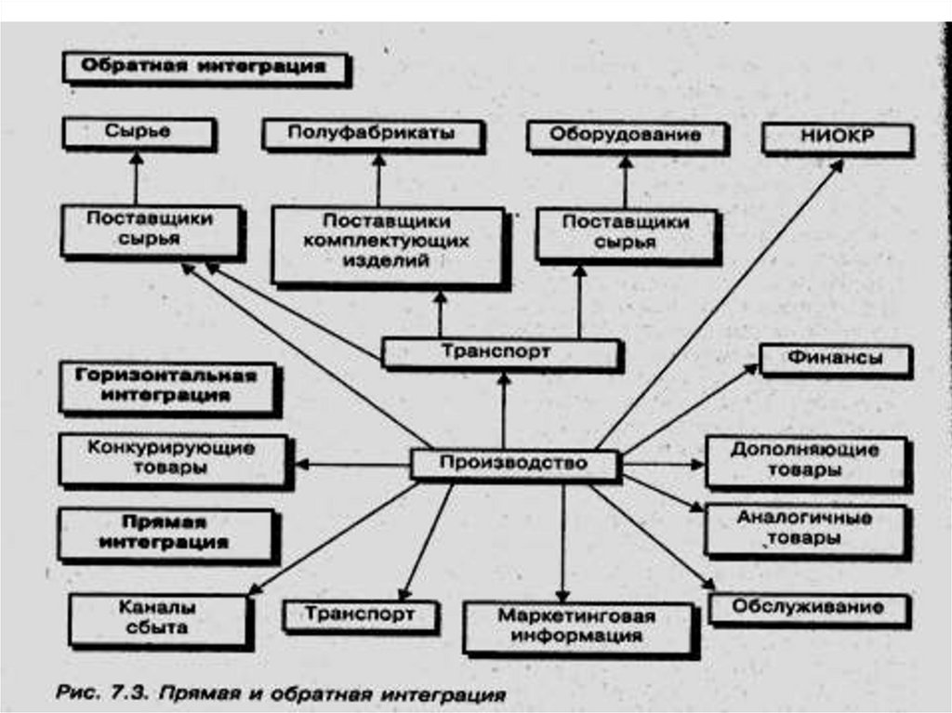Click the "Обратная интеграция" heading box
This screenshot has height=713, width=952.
205,68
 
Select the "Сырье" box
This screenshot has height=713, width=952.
139,133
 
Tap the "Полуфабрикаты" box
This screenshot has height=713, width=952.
372,134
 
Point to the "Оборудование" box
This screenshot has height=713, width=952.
625,135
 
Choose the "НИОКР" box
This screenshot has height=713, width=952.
837,138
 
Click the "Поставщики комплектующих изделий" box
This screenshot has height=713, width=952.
388,244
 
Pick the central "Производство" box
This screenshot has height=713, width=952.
513,463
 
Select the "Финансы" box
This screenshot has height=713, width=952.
835,359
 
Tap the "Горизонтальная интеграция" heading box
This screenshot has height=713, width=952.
166,385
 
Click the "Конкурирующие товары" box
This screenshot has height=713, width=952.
173,458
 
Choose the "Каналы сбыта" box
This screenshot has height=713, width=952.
158,618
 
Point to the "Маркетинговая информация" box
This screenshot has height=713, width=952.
577,627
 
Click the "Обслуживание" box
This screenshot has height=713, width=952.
808,608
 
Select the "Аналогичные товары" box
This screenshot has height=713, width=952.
805,528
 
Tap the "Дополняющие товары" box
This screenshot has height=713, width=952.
805,460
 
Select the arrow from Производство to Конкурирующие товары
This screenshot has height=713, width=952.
353,464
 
